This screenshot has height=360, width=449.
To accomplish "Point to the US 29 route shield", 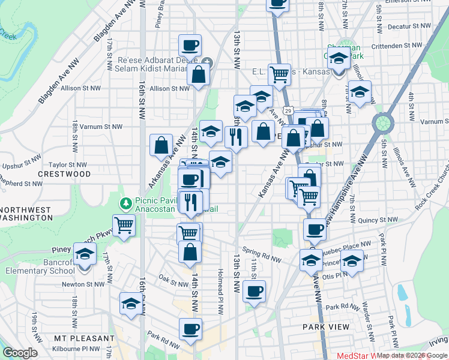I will pyautogui.click(x=289, y=111).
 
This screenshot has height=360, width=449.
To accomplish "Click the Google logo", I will pyautogui.click(x=20, y=353).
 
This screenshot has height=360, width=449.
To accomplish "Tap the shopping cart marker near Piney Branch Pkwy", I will pyautogui.click(x=124, y=226).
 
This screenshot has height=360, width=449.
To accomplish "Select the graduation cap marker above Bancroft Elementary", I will pyautogui.click(x=85, y=254).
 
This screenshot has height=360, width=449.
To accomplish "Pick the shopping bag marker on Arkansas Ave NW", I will pyautogui.click(x=161, y=146).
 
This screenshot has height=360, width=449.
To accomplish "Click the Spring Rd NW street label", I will pyautogui.click(x=262, y=254).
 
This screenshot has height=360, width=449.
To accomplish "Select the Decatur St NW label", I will pyautogui.click(x=409, y=27).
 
